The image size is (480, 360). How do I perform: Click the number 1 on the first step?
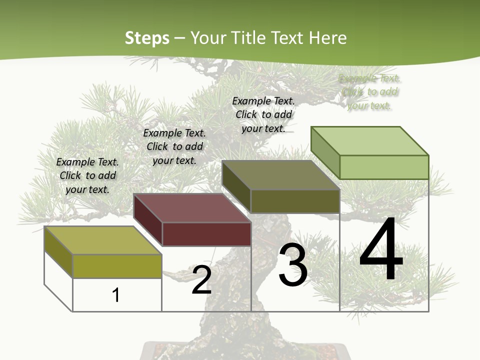tap(116, 295)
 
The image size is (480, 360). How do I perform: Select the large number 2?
tap(201, 280)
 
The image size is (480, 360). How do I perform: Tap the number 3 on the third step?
tap(293, 265)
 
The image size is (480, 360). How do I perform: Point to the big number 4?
tap(381, 250)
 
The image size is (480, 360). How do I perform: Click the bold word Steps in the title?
tap(147, 38)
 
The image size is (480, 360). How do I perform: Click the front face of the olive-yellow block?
tap(117, 265)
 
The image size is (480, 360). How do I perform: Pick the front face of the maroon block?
tap(206, 234)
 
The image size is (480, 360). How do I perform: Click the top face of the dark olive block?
tap(280, 174)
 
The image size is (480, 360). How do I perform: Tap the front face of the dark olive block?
tap(295, 201)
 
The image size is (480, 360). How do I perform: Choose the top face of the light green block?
tap(369, 140)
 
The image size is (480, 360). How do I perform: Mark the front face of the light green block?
tap(383, 167)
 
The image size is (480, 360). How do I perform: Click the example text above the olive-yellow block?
tap(87, 175)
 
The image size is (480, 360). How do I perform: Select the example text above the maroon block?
tap(174, 146)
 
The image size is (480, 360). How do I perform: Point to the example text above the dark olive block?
tap(263, 114)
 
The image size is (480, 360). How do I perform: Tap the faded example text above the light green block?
tap(369, 92)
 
